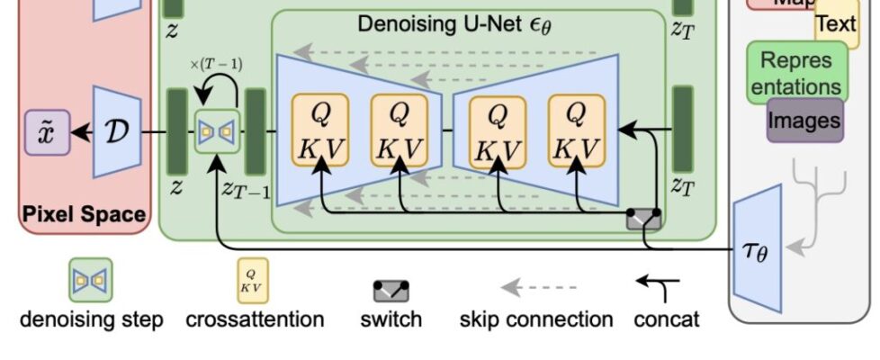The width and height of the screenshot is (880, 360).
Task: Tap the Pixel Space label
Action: pyautogui.click(x=84, y=214)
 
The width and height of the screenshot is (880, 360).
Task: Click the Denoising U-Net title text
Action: pyautogui.click(x=454, y=24)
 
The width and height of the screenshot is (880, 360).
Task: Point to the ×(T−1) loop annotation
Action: pyautogui.click(x=216, y=65)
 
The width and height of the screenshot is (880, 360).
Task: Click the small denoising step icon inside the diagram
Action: pyautogui.click(x=216, y=133)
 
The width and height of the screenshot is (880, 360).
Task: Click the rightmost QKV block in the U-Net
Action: pyautogui.click(x=576, y=132)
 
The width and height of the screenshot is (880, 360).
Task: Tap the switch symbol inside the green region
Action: pyautogui.click(x=643, y=218)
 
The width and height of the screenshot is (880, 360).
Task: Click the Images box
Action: pyautogui.click(x=804, y=121)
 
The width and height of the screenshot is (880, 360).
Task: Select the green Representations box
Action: pyautogui.click(x=796, y=72)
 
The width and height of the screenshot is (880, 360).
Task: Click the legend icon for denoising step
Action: pyautogui.click(x=91, y=280)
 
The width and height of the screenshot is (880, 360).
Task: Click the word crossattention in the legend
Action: pyautogui.click(x=255, y=319)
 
